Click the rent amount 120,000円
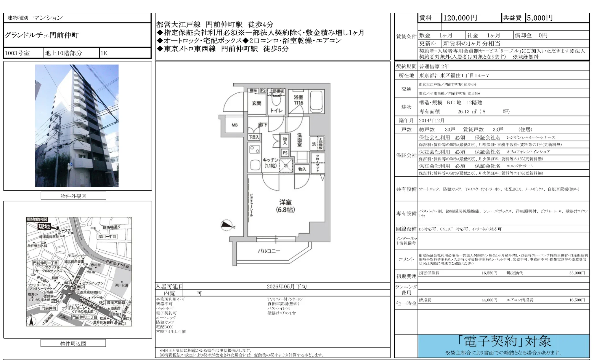pyautogui.click(x=460, y=18)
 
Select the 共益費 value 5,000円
pyautogui.click(x=540, y=18)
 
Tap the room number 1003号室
pyautogui.click(x=17, y=53)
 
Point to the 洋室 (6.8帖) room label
pyautogui.click(x=285, y=206)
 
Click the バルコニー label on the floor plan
pyautogui.click(x=269, y=251)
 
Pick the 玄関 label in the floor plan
pyautogui.click(x=257, y=103)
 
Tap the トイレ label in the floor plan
pyautogui.click(x=276, y=110)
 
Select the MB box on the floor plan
pyautogui.click(x=235, y=125)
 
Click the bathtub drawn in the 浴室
pyautogui.click(x=317, y=102)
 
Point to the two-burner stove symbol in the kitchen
pyautogui.click(x=255, y=149)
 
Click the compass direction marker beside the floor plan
pyautogui.click(x=227, y=225)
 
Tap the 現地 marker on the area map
pyautogui.click(x=44, y=227)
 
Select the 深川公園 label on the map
pyautogui.click(x=121, y=285)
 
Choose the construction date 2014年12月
pyautogui.click(x=432, y=120)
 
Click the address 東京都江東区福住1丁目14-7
pyautogui.click(x=454, y=75)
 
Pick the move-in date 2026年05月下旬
pyautogui.click(x=286, y=286)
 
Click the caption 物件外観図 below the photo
pyautogui.click(x=73, y=196)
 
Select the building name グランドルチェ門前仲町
pyautogui.click(x=42, y=35)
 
